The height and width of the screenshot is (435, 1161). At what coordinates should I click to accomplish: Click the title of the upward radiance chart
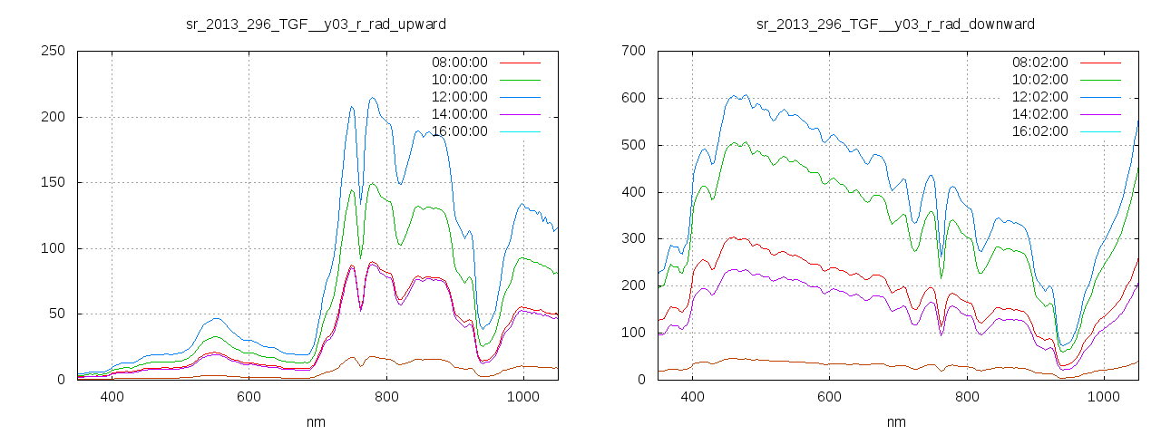pyautogui.click(x=315, y=23)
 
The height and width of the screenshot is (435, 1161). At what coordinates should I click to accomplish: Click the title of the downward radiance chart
pyautogui.click(x=895, y=23)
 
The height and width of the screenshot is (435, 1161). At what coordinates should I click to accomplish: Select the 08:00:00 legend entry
pyautogui.click(x=459, y=63)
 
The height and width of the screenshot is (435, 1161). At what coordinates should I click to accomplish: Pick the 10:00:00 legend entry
pyautogui.click(x=459, y=80)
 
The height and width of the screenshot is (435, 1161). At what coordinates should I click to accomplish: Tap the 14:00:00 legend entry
pyautogui.click(x=459, y=114)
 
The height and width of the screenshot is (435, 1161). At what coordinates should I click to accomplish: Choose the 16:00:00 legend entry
pyautogui.click(x=459, y=131)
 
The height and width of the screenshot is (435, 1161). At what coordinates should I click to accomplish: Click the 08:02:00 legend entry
pyautogui.click(x=1039, y=63)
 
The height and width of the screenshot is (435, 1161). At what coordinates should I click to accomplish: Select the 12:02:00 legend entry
pyautogui.click(x=1039, y=97)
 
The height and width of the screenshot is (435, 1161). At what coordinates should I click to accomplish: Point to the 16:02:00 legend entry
pyautogui.click(x=1039, y=131)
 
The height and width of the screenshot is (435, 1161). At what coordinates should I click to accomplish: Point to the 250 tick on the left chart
pyautogui.click(x=52, y=51)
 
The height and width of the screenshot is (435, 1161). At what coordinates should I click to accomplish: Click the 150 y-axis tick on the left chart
pyautogui.click(x=52, y=182)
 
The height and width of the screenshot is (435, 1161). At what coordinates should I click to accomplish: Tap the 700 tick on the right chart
pyautogui.click(x=632, y=51)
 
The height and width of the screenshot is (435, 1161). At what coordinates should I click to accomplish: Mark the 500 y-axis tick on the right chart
pyautogui.click(x=632, y=145)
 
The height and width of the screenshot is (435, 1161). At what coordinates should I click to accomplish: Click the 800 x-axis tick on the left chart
pyautogui.click(x=386, y=396)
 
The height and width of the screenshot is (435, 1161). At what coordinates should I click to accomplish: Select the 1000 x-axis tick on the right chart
pyautogui.click(x=1104, y=396)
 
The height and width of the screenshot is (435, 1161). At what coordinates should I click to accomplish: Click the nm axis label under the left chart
pyautogui.click(x=315, y=421)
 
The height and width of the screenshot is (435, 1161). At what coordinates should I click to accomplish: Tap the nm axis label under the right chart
pyautogui.click(x=895, y=421)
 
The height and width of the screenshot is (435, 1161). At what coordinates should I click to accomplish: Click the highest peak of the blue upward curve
pyautogui.click(x=372, y=98)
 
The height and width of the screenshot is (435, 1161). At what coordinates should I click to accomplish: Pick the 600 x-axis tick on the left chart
pyautogui.click(x=249, y=396)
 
